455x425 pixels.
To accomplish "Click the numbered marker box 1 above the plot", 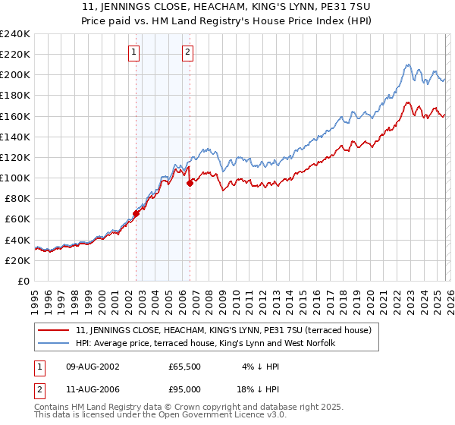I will [x=133, y=52].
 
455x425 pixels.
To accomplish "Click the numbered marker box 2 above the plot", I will [x=187, y=52].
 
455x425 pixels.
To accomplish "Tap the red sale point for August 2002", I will [x=136, y=213].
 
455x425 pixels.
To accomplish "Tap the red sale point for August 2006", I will [x=190, y=182].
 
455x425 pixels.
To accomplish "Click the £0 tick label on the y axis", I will [x=23, y=281].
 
